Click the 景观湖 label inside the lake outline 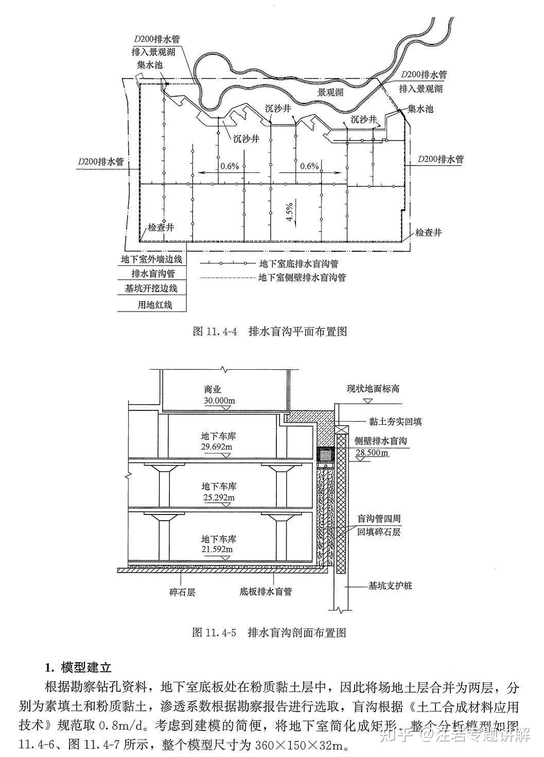(x=330, y=93)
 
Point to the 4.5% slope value (x=290, y=212)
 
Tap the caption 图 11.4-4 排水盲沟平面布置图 (x=270, y=331)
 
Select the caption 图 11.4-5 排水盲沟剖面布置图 (x=269, y=632)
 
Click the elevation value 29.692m (x=217, y=446)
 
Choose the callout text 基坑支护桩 (x=390, y=586)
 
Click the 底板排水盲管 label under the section (x=266, y=591)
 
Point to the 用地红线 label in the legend (x=154, y=304)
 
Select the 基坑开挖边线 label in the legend (x=151, y=288)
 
